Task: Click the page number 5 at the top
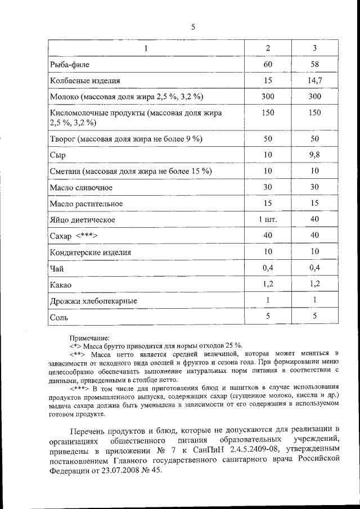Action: point(192,26)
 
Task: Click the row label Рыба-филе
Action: point(69,66)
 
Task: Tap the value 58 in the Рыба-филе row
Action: point(314,65)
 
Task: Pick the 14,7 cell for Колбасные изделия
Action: point(314,81)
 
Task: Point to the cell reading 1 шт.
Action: point(268,219)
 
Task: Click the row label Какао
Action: point(61,285)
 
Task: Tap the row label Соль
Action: point(59,318)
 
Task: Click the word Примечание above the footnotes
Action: point(89,337)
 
